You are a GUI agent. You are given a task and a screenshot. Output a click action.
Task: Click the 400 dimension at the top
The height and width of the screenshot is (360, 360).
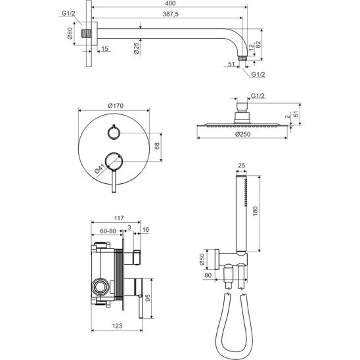tap(170, 3)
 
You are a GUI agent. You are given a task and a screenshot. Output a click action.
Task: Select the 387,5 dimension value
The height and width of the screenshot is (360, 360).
tap(170, 14)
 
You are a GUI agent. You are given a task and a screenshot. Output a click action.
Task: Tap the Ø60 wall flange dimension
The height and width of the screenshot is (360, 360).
tap(70, 34)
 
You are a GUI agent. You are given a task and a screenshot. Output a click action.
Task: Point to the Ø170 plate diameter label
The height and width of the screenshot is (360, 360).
tap(116, 106)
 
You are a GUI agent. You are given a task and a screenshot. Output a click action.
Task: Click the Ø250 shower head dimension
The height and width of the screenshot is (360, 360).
tap(242, 134)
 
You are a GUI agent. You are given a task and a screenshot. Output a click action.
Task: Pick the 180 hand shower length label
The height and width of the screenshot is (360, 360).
tap(256, 211)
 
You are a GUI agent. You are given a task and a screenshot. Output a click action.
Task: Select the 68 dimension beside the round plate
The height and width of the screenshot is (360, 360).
tap(157, 146)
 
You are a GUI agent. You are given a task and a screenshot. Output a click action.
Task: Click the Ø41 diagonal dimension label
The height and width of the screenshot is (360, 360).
tap(99, 168)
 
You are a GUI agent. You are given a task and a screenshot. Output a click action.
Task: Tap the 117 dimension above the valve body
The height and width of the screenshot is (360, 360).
tap(119, 218)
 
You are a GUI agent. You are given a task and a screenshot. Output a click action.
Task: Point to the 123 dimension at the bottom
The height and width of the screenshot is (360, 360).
tap(117, 326)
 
